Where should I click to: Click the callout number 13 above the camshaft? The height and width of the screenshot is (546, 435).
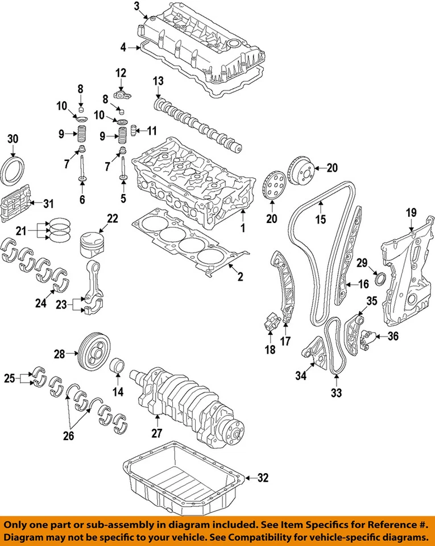tap(158, 81)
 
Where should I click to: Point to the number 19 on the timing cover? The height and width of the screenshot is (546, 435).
tap(411, 213)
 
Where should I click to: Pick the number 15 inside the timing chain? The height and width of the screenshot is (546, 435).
tap(321, 219)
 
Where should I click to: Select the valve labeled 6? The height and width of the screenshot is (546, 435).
tap(83, 171)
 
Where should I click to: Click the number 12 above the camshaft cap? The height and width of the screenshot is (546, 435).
tap(121, 72)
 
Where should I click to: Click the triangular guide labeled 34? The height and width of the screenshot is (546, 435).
tap(312, 348)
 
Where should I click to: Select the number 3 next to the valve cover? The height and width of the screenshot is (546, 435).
tap(136, 7)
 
